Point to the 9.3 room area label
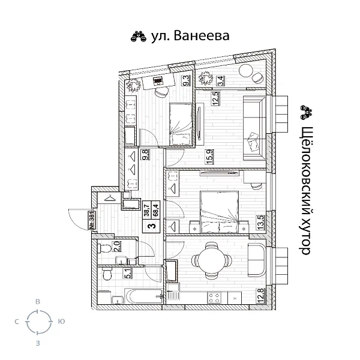[x=187, y=81]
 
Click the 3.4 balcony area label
[x=220, y=79]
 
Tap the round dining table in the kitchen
[x=211, y=261]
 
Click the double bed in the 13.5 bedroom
[x=220, y=212]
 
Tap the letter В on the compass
[x=38, y=304]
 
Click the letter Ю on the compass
[x=61, y=322]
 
